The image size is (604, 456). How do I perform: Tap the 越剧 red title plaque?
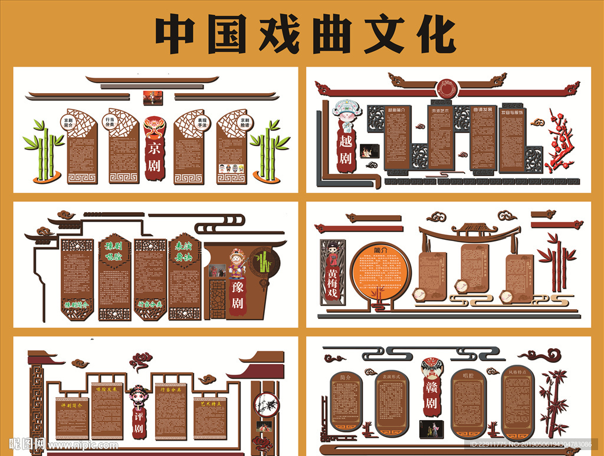(x=345, y=150)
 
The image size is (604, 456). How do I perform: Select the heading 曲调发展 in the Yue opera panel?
(x=483, y=110)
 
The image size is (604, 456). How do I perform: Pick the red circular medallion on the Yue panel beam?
(x=446, y=90)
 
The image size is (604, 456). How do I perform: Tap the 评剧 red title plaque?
(x=139, y=424)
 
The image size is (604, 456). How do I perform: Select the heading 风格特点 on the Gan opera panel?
(x=517, y=372)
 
